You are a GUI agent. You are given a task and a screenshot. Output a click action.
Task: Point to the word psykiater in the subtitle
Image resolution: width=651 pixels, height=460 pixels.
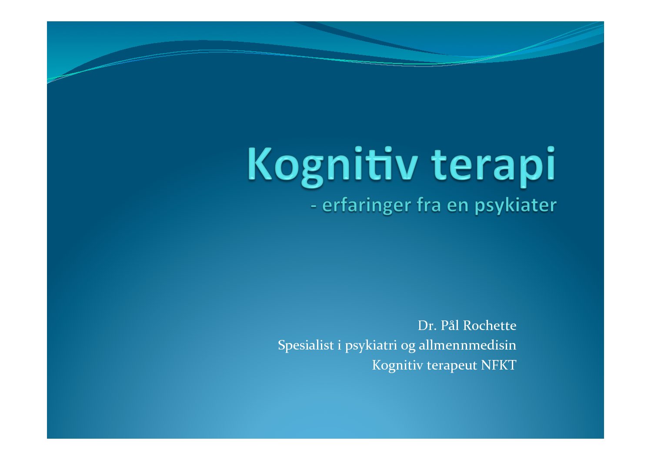(516, 206)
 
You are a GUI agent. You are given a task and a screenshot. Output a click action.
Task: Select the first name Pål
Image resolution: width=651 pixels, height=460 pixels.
(450, 325)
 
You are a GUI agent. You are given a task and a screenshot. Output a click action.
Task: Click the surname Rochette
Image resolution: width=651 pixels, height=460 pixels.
(490, 326)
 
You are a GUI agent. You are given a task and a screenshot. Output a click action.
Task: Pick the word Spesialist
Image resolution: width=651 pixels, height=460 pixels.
(306, 346)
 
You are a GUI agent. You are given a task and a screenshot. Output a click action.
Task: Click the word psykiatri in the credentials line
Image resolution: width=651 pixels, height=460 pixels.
(371, 346)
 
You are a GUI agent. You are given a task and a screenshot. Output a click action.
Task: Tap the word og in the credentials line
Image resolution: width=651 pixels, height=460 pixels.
(408, 347)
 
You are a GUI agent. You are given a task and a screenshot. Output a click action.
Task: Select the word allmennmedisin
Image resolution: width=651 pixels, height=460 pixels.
(467, 345)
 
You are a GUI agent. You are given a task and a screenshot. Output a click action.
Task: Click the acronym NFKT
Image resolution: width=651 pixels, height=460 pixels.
(499, 365)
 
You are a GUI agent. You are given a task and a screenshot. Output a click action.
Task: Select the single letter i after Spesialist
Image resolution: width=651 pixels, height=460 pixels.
(339, 345)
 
